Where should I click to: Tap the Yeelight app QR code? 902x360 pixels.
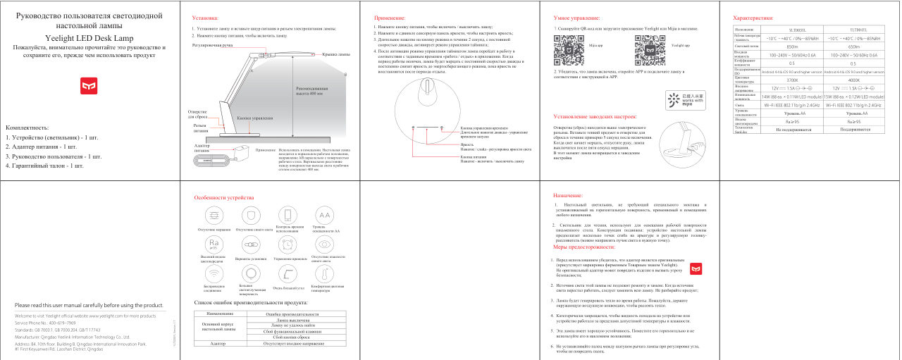coord(648,44)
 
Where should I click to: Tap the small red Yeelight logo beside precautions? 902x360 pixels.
coord(695,268)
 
